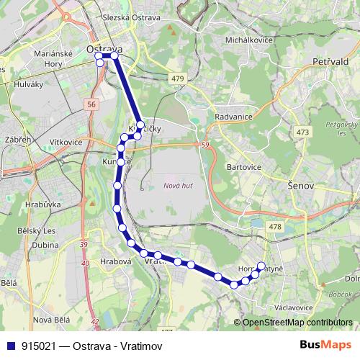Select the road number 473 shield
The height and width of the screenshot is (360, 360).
(x=302, y=132)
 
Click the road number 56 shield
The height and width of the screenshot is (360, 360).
(x=91, y=104)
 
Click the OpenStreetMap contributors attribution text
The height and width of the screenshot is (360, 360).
(x=297, y=323)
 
